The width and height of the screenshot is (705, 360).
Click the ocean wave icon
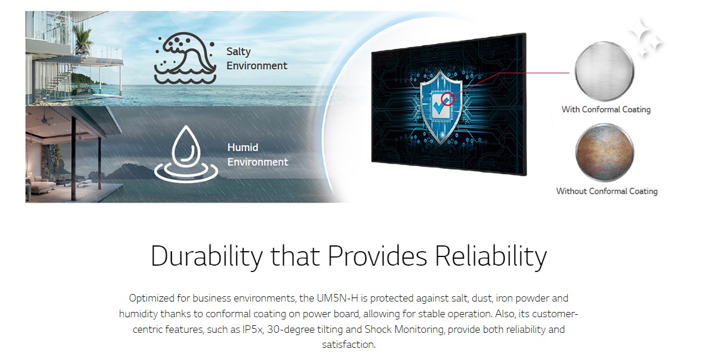point(185,58)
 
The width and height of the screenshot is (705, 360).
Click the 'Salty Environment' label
point(256,58)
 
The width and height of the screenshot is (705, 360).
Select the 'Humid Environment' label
point(258,155)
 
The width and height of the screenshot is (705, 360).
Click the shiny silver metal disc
point(604,71)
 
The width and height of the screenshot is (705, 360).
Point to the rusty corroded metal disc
point(605,152)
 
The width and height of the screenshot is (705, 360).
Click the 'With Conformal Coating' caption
point(606,109)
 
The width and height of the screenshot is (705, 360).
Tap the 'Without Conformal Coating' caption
point(607,192)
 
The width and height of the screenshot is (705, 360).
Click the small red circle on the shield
point(447,100)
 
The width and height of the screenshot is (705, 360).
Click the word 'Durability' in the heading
point(207,256)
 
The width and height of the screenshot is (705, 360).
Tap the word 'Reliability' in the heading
point(491,256)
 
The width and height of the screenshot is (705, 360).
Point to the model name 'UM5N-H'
point(337,298)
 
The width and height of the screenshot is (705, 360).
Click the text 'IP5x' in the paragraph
point(252,329)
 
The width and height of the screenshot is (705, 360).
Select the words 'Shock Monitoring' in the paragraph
point(405,329)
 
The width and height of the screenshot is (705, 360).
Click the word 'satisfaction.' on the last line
point(348,344)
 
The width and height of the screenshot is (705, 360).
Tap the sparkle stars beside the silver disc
point(646,38)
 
